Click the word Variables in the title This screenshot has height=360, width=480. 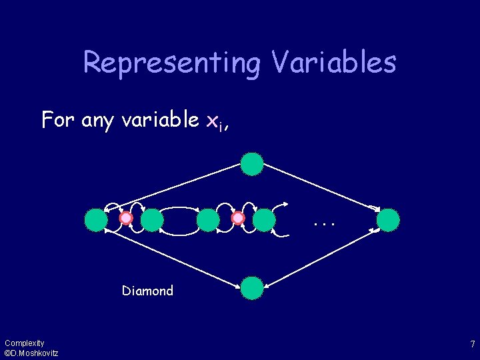pos(334,62)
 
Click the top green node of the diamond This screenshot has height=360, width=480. pos(252,164)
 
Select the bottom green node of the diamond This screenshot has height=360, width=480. pos(252,287)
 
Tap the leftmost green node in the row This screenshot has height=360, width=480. pos(97,219)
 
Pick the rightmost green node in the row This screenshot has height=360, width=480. pos(389,219)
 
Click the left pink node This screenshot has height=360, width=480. pos(126,219)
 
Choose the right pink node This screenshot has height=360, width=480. pos(238,219)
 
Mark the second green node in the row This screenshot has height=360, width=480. pos(153,219)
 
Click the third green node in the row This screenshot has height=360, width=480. pos(209,219)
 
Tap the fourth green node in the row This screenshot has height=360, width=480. pos(265,219)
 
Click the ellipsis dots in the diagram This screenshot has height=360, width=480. pos(323,223)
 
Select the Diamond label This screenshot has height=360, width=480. pos(147,291)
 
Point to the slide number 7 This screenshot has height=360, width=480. pos(472,345)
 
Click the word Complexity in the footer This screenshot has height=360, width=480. pos(24,343)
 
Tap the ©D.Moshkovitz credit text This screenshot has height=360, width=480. pos(31,353)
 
